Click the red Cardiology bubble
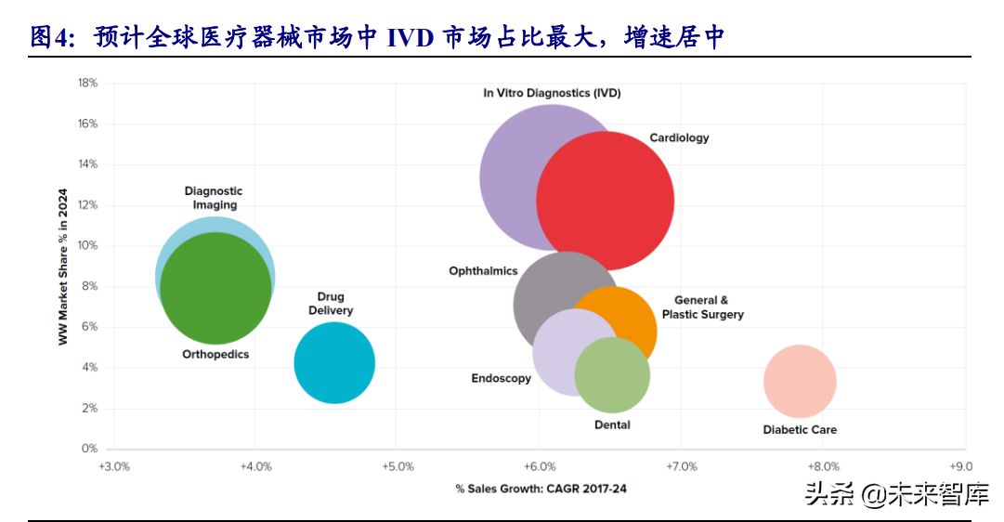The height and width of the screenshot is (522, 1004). click(x=606, y=201)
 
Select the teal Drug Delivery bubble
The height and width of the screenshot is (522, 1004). click(x=334, y=362)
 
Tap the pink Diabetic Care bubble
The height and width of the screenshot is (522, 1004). click(x=800, y=381)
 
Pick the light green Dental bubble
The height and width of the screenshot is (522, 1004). click(x=612, y=375)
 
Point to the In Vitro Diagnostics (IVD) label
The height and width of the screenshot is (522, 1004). click(x=552, y=93)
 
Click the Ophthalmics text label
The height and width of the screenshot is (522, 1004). click(x=483, y=271)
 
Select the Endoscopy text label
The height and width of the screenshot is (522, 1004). click(x=501, y=378)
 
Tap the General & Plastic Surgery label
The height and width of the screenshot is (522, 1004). click(x=702, y=307)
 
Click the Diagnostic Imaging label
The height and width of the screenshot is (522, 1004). click(x=214, y=198)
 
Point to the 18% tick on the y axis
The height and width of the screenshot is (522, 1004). click(x=87, y=83)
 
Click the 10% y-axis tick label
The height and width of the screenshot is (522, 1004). click(x=87, y=246)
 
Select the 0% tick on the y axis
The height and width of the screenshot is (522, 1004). click(x=89, y=449)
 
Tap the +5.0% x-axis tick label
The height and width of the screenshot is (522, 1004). click(x=397, y=466)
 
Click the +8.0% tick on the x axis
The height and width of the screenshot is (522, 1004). click(x=824, y=466)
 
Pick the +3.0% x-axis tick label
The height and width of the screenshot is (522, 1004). click(x=113, y=466)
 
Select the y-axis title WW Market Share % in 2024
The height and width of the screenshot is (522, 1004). click(x=63, y=267)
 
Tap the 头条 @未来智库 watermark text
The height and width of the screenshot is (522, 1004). click(x=896, y=494)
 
